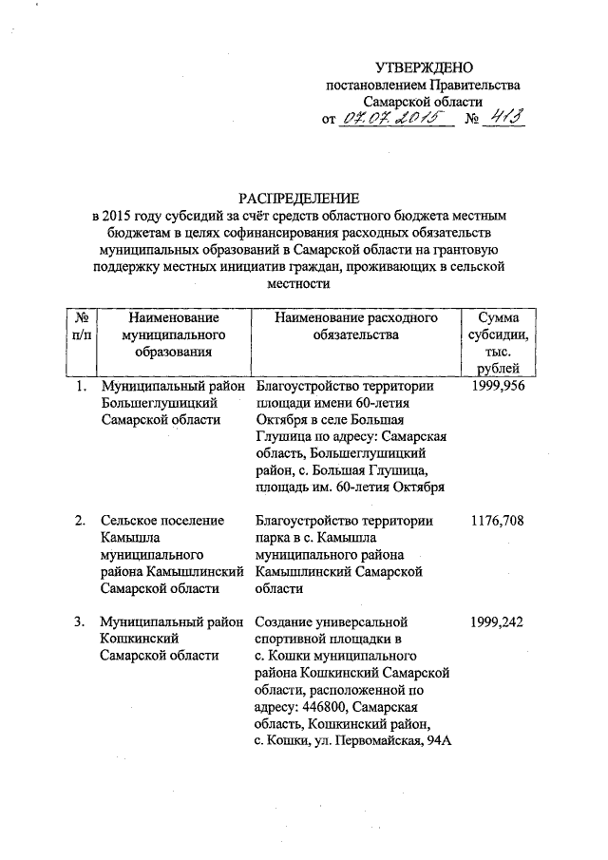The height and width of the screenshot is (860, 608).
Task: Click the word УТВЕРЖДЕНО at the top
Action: [x=424, y=67]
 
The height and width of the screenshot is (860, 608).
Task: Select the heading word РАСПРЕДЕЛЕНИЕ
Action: [x=299, y=199]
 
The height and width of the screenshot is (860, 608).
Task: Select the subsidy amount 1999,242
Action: [x=499, y=622]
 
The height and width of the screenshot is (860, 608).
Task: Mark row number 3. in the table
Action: [x=83, y=622]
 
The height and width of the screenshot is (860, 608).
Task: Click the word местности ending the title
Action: [x=299, y=284]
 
